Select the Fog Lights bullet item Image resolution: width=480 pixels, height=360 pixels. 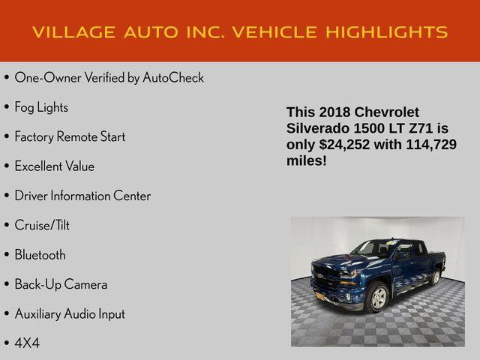(x=41, y=107)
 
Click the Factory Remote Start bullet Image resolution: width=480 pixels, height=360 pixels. (x=70, y=136)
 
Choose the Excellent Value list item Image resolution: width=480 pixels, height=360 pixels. (x=54, y=166)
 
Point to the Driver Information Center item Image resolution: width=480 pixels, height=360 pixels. (x=82, y=196)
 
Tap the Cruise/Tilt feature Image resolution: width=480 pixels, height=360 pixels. (x=42, y=225)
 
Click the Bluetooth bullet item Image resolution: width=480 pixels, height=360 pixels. (x=40, y=255)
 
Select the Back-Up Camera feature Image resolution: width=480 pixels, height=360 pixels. (x=61, y=284)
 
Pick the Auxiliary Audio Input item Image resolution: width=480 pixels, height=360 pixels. (x=70, y=313)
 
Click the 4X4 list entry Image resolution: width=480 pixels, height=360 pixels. (x=27, y=343)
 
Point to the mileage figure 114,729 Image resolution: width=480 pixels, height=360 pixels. (x=430, y=145)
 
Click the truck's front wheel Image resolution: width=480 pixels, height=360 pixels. (x=376, y=297)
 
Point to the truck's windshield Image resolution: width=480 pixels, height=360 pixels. (x=374, y=249)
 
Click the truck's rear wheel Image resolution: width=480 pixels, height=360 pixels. (x=435, y=277)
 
